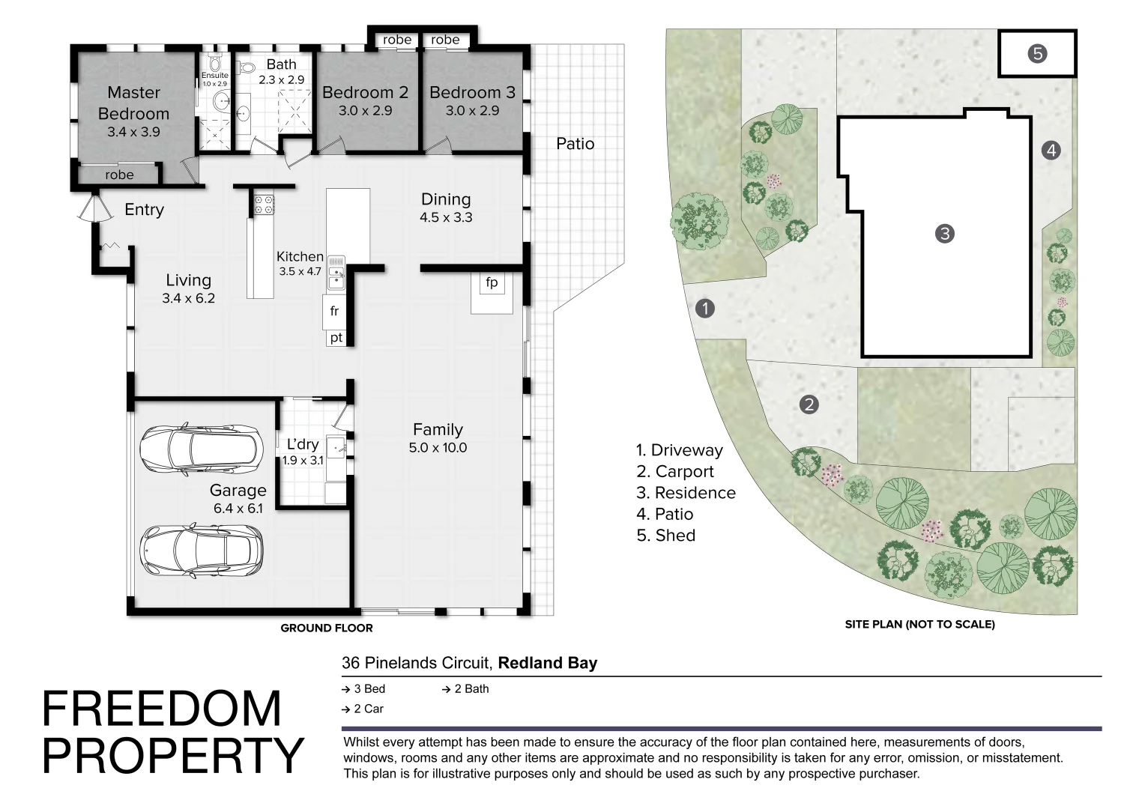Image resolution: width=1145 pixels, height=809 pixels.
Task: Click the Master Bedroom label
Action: [133, 103]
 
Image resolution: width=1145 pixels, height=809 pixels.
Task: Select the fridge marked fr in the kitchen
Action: [334, 311]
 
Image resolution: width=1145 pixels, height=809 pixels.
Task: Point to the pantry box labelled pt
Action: [336, 338]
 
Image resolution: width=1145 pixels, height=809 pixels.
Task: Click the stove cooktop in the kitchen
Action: [265, 204]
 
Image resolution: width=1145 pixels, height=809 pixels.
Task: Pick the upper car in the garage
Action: [202, 448]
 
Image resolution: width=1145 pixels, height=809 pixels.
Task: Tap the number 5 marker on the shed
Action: [1037, 54]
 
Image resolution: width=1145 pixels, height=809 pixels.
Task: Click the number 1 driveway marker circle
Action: [705, 309]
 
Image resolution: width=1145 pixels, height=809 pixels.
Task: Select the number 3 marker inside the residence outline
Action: [945, 234]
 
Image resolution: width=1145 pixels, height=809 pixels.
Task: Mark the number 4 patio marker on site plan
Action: [1051, 151]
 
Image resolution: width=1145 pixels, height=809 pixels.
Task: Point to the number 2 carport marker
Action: [809, 404]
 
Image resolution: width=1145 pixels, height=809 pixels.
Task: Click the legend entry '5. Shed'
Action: [666, 536]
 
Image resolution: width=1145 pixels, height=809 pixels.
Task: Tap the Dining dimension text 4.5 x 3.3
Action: [446, 218]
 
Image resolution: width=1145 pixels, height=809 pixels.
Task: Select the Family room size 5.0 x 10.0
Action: [438, 448]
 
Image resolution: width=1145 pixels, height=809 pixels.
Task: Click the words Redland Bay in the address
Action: [548, 663]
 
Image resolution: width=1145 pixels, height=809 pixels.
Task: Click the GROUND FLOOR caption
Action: [327, 628]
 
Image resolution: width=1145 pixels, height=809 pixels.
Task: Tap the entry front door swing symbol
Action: [96, 208]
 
